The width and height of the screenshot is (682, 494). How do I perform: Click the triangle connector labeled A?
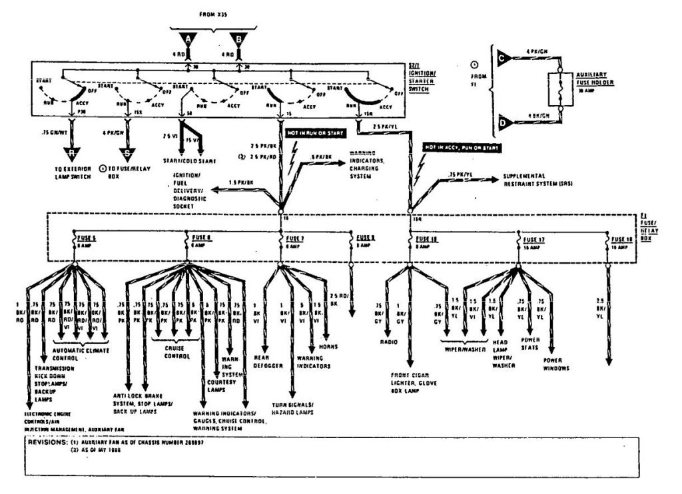(x=188, y=39)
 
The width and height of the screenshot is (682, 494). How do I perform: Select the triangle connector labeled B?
(x=238, y=39)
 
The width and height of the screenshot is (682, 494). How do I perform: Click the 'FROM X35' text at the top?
(x=213, y=13)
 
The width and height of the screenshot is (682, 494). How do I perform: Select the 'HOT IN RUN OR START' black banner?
(x=316, y=134)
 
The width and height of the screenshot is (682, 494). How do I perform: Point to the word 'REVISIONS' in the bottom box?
(x=47, y=441)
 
